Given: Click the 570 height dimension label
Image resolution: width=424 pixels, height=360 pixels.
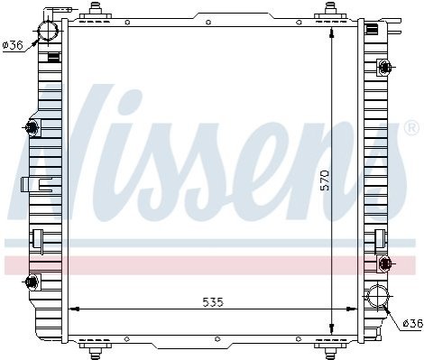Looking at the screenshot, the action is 325,180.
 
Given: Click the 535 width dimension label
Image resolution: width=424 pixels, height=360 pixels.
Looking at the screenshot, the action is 213,302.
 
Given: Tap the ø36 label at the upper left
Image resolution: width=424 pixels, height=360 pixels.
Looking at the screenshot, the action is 13,45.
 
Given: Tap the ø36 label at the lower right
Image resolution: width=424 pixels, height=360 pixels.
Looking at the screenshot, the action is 412,324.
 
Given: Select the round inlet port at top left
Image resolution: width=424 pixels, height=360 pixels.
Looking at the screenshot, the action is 48,31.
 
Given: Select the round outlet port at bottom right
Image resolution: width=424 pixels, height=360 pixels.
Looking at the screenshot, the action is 377,296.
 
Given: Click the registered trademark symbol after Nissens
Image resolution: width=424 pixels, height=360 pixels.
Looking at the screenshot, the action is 411,128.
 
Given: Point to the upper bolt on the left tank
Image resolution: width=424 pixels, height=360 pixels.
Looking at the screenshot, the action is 32,127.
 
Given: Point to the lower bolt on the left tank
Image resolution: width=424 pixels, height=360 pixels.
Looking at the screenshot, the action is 32,282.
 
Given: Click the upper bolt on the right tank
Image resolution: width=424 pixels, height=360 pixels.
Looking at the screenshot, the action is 385,67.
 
